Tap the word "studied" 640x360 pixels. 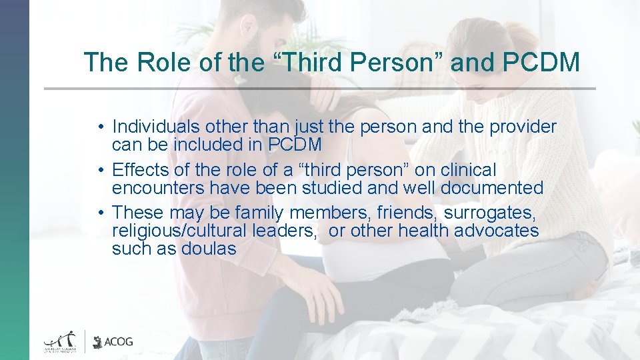click(x=331, y=188)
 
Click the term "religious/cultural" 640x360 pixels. click(x=178, y=231)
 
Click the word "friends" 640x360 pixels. click(x=407, y=213)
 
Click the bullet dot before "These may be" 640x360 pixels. click(x=99, y=213)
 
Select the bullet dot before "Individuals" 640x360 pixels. click(x=99, y=127)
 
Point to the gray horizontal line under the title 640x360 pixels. click(x=320, y=89)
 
